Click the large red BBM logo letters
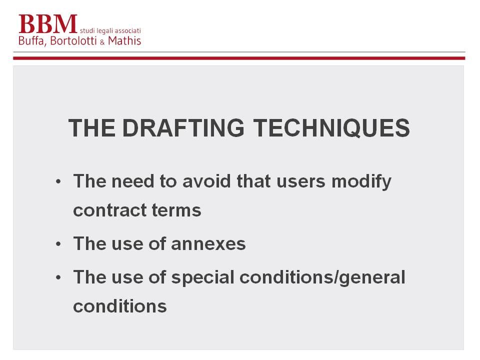(47, 24)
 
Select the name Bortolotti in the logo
(73, 40)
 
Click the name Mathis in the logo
(124, 40)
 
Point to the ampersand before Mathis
(102, 42)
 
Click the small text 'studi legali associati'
(110, 30)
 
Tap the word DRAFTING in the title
(183, 128)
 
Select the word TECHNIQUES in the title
(331, 128)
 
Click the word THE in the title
(92, 128)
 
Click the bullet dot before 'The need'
(58, 181)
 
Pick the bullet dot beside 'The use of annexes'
(58, 244)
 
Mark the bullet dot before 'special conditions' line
(58, 277)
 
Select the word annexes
(208, 244)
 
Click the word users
(301, 182)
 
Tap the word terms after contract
(176, 210)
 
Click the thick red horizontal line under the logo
(239, 58)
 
